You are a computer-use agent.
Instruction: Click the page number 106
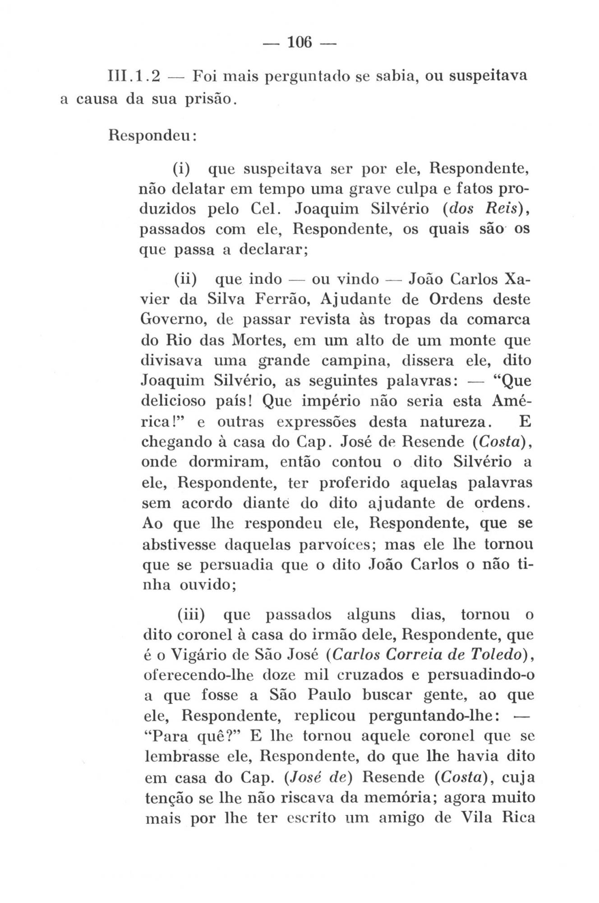click(299, 42)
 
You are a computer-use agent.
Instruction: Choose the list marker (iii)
click(191, 614)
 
